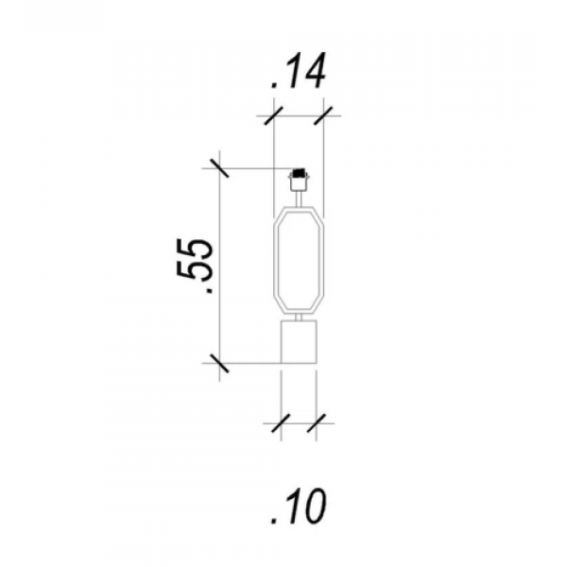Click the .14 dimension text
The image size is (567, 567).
point(299,71)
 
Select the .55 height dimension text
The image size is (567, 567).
point(195,266)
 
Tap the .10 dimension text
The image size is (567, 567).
point(299,507)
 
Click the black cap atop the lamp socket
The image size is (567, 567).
point(299,173)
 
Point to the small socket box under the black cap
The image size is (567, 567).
point(299,183)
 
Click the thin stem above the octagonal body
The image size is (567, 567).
point(299,198)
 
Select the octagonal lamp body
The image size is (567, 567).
point(299,260)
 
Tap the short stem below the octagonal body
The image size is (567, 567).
point(299,318)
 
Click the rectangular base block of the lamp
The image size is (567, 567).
point(299,342)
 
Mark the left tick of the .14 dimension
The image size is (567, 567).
point(274,115)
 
